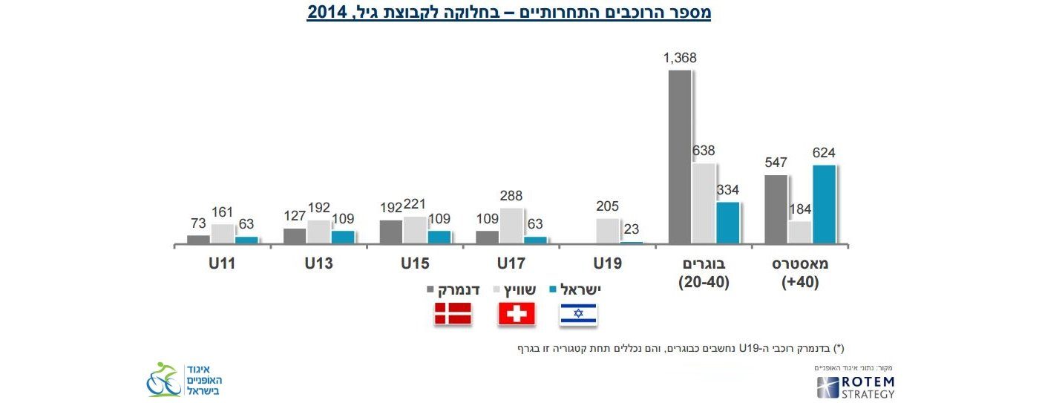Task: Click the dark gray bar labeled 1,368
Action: (x=679, y=157)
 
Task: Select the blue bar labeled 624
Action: (x=824, y=204)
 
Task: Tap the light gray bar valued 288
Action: (x=511, y=226)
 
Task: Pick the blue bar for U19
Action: (x=632, y=242)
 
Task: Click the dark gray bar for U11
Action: (x=198, y=239)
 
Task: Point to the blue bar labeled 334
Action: (x=727, y=223)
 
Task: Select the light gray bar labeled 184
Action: (x=800, y=232)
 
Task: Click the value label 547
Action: (x=776, y=163)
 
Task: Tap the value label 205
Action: (x=606, y=206)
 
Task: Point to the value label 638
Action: (x=704, y=151)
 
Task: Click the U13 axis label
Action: (x=318, y=263)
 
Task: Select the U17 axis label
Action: (x=511, y=263)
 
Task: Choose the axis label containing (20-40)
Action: (x=704, y=283)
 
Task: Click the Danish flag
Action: (x=453, y=315)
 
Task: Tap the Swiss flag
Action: (x=516, y=315)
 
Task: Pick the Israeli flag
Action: (x=578, y=315)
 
